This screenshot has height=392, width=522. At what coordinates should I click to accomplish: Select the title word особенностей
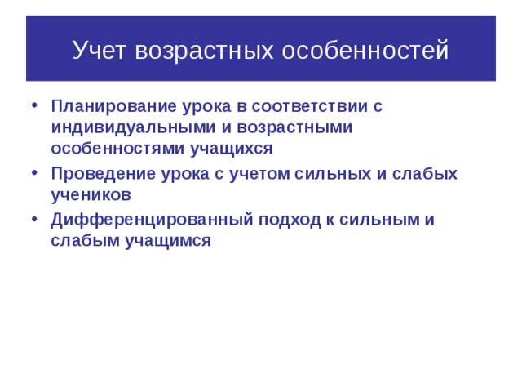(x=365, y=51)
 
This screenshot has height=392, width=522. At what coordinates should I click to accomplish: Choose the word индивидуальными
(x=122, y=127)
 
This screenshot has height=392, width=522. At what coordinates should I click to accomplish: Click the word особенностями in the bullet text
(x=108, y=149)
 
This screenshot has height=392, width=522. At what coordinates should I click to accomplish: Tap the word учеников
(x=91, y=195)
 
